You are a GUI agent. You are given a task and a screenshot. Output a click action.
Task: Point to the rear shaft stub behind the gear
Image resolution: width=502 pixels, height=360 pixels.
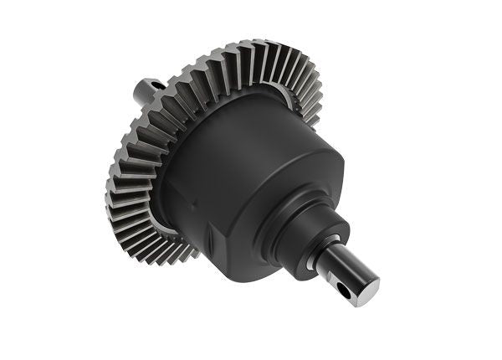point(146,88)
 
